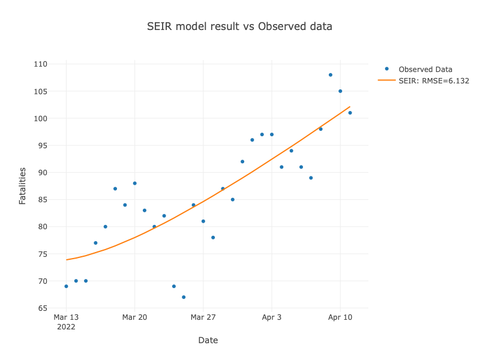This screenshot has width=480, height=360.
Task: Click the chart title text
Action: pos(240,27)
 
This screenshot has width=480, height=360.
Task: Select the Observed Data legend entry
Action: pos(425,70)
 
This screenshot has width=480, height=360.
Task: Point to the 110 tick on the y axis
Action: pos(40,64)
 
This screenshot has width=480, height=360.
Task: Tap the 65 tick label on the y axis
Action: pos(42,308)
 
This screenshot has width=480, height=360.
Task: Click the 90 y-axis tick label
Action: pos(42,173)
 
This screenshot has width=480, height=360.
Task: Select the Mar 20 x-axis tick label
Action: pos(134,317)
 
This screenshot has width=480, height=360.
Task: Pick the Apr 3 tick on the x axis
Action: pos(271,317)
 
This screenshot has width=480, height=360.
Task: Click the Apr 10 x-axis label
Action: pos(340,317)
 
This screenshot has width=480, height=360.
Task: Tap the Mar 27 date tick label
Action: pos(203,317)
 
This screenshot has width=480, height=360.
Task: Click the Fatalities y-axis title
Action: pos(23,186)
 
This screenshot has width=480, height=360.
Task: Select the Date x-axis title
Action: pos(208,340)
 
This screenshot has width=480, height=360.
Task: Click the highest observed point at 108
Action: pos(330,75)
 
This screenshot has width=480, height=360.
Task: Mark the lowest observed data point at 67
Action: pos(184,297)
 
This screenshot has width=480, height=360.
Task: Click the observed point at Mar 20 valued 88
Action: pos(134,183)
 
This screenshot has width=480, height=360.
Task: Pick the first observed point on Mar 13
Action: pos(66,286)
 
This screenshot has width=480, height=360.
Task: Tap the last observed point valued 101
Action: pos(350,113)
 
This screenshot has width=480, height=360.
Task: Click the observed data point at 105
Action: pos(340,91)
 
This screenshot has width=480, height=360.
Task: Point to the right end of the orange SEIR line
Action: pos(350,107)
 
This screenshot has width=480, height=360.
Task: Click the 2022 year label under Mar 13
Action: pos(66,326)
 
